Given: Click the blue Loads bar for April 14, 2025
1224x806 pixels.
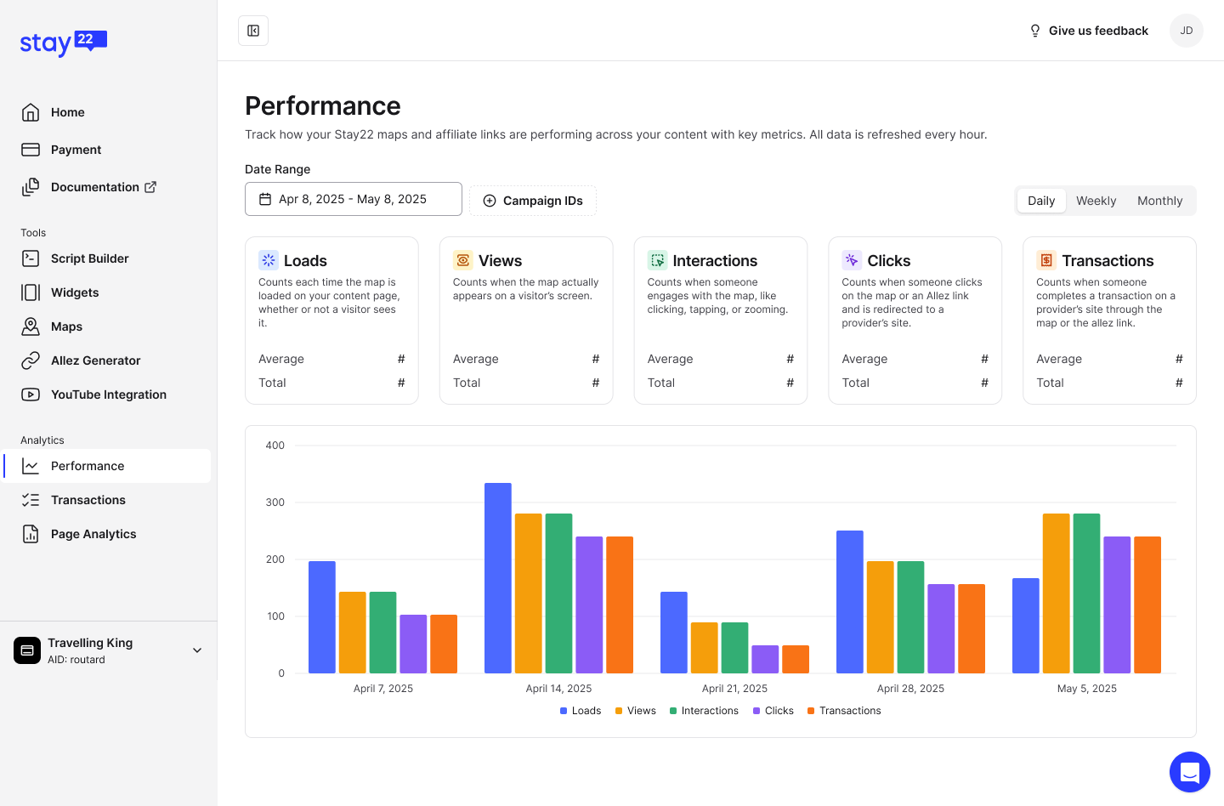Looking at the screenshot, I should pyautogui.click(x=498, y=578).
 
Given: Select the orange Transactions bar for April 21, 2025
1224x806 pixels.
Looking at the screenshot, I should pyautogui.click(x=796, y=659).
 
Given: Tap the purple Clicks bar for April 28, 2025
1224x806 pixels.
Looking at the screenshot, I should pyautogui.click(x=941, y=628).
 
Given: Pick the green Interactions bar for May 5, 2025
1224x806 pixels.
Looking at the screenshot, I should pyautogui.click(x=1086, y=593).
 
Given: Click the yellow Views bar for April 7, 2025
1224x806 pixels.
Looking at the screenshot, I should pyautogui.click(x=353, y=633).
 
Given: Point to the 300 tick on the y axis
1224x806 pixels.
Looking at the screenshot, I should pyautogui.click(x=275, y=502).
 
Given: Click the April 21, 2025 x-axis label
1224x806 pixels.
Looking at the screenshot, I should pyautogui.click(x=734, y=689).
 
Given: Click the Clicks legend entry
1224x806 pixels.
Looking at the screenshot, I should pyautogui.click(x=773, y=711).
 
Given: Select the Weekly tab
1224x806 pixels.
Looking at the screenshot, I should pyautogui.click(x=1096, y=201).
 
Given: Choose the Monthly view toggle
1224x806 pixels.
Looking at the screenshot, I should pyautogui.click(x=1159, y=201).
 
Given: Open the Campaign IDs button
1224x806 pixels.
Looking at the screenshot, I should pyautogui.click(x=533, y=201).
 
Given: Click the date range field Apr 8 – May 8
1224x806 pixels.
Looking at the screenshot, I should pyautogui.click(x=353, y=199).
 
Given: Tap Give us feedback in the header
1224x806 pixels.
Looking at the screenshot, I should pyautogui.click(x=1089, y=31).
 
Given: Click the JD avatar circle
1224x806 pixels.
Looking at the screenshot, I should pyautogui.click(x=1187, y=31).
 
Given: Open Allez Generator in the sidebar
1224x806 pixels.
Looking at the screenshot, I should pyautogui.click(x=95, y=360).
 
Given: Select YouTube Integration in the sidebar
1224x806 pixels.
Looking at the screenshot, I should pyautogui.click(x=108, y=394).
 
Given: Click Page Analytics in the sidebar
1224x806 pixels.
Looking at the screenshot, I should pyautogui.click(x=93, y=534).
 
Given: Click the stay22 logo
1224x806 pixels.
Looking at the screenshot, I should pyautogui.click(x=64, y=43).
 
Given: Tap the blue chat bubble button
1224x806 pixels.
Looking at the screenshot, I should pyautogui.click(x=1189, y=772).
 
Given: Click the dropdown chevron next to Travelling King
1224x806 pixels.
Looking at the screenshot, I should pyautogui.click(x=197, y=650).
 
